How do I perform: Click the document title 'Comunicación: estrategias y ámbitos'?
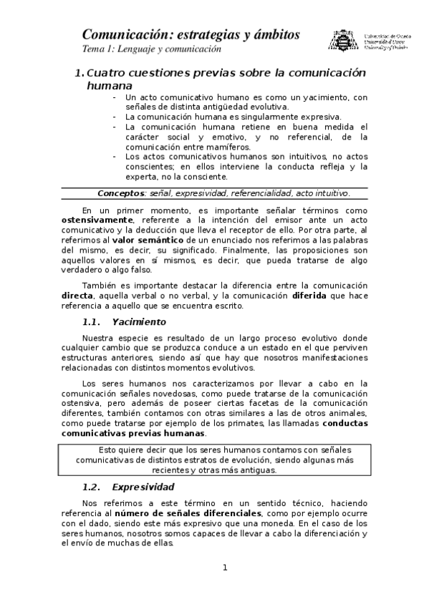pyautogui.click(x=191, y=34)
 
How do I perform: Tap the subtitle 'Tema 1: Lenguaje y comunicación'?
pyautogui.click(x=152, y=49)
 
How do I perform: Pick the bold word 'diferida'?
pyautogui.click(x=312, y=295)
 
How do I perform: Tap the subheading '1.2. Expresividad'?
pyautogui.click(x=129, y=487)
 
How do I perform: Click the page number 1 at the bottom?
pyautogui.click(x=225, y=568)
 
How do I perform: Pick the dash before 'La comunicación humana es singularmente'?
pyautogui.click(x=115, y=116)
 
